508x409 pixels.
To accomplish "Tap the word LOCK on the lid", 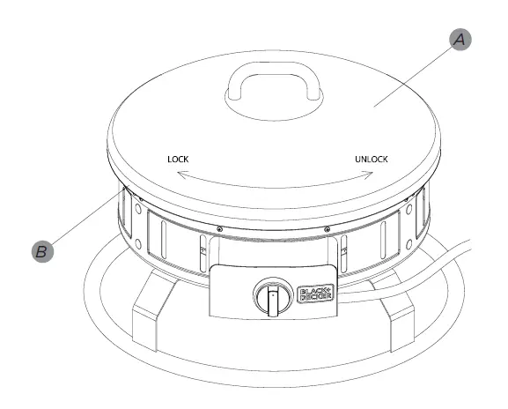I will (x=179, y=160).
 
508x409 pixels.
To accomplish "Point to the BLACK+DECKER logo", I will (x=314, y=294).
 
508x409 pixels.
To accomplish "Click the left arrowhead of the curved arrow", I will (x=178, y=176).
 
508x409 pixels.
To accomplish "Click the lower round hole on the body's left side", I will (x=137, y=243).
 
